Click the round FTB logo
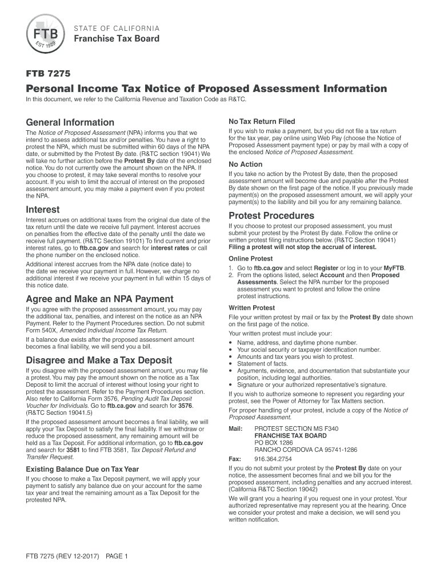click(45, 33)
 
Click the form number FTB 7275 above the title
click(49, 73)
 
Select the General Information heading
click(70, 122)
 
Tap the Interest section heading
click(43, 210)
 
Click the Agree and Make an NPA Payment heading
click(99, 299)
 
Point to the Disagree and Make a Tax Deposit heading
click(99, 360)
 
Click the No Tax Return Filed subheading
click(262, 122)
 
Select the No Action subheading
click(246, 165)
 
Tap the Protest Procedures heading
click(271, 215)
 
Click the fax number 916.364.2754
click(273, 459)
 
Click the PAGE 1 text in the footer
click(117, 556)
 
